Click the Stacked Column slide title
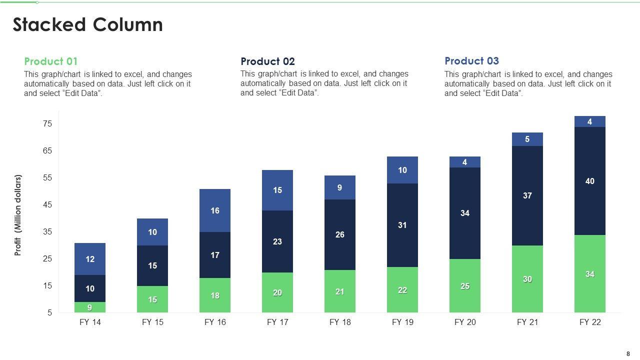pyautogui.click(x=87, y=25)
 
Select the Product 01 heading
pyautogui.click(x=51, y=61)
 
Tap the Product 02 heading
pyautogui.click(x=267, y=61)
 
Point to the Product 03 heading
pyautogui.click(x=471, y=61)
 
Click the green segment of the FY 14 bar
pyautogui.click(x=90, y=307)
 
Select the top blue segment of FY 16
pyautogui.click(x=215, y=210)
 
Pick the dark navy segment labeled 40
pyautogui.click(x=590, y=181)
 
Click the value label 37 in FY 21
pyautogui.click(x=527, y=195)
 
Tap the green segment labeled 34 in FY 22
pyautogui.click(x=590, y=274)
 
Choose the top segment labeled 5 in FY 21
pyautogui.click(x=527, y=139)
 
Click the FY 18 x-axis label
pyautogui.click(x=340, y=322)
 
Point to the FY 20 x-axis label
pyautogui.click(x=465, y=322)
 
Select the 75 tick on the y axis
pyautogui.click(x=47, y=124)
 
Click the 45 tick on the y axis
pyautogui.click(x=47, y=205)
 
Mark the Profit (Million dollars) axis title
pyautogui.click(x=18, y=215)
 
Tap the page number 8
pyautogui.click(x=628, y=353)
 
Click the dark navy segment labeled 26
pyautogui.click(x=340, y=234)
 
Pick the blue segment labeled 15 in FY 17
pyautogui.click(x=277, y=190)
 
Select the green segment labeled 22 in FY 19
pyautogui.click(x=402, y=290)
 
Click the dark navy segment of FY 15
pyautogui.click(x=152, y=265)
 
